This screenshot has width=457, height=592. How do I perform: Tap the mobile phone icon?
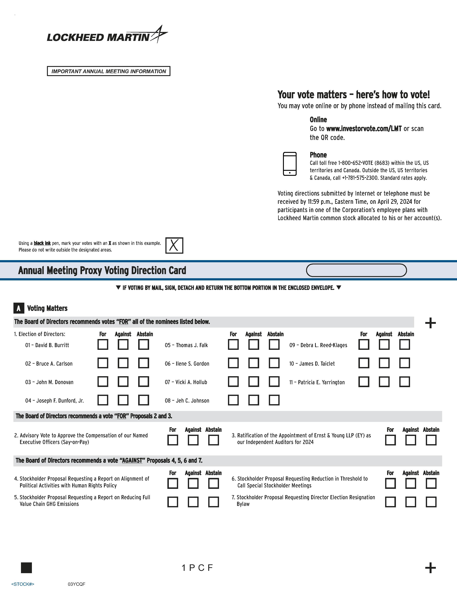click(x=289, y=164)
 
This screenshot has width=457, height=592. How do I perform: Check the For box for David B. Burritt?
click(x=103, y=345)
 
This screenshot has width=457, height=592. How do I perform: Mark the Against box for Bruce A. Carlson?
click(x=123, y=363)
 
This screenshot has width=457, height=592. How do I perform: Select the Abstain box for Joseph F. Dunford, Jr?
click(x=144, y=400)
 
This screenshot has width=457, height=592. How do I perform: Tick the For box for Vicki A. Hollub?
click(x=233, y=382)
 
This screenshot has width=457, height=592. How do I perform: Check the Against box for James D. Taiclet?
click(x=384, y=363)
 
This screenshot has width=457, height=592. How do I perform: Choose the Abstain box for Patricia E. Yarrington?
click(x=404, y=382)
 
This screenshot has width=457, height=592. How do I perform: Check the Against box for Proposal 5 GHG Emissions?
click(x=193, y=502)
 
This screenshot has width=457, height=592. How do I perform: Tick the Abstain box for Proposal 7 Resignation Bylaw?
click(x=431, y=502)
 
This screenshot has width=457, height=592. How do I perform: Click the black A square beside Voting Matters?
click(x=19, y=308)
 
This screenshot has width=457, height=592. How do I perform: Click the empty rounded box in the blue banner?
click(x=356, y=270)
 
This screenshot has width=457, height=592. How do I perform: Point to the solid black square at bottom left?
click(x=26, y=568)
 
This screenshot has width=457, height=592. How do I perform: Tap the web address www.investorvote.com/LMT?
click(x=364, y=129)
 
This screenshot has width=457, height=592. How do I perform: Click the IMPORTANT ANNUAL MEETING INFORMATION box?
click(x=109, y=71)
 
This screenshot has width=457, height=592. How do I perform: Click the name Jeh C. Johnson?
click(x=192, y=401)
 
